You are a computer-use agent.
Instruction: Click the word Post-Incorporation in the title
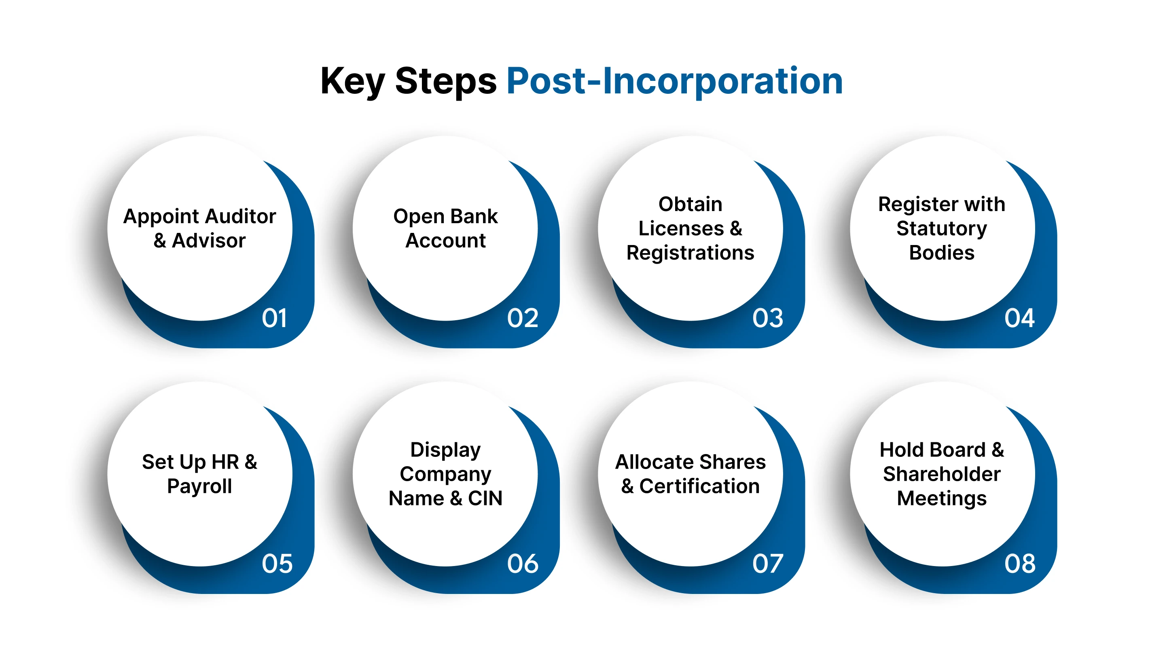coord(674,81)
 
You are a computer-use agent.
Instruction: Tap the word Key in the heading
coord(352,81)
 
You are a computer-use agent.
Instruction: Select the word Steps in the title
coord(445,81)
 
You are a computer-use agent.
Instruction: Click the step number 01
coord(274,318)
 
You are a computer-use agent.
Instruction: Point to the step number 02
coord(522,318)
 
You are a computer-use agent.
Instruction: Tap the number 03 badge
coord(767,318)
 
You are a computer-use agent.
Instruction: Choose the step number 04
coord(1019,318)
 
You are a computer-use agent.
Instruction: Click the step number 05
coord(277,564)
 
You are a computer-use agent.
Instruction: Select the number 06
coord(522,564)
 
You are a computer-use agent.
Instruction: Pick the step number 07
coord(767,564)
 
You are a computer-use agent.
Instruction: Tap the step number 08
coord(1020,564)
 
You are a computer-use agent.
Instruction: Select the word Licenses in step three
coord(681,229)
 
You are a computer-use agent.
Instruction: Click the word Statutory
coord(942,229)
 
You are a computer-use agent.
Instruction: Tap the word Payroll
coord(199,486)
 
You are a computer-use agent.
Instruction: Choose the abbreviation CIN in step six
coord(485,499)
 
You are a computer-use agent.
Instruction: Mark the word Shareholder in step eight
coord(942,474)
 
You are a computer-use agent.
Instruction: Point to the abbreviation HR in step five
coord(225,462)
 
